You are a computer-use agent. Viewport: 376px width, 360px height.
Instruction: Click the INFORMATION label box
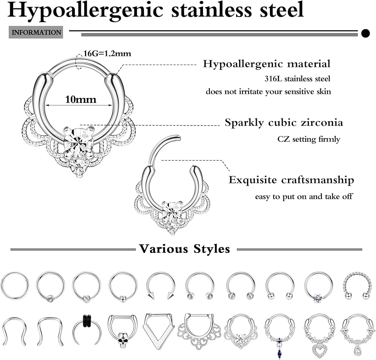click(x=36, y=32)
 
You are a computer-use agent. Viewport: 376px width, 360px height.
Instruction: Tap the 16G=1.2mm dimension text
click(x=107, y=54)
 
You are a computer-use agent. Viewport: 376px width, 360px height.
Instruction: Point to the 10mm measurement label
click(x=80, y=100)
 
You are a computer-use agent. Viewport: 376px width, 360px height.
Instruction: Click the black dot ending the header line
click(x=365, y=33)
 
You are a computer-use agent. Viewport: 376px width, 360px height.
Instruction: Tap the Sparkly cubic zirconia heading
click(x=284, y=123)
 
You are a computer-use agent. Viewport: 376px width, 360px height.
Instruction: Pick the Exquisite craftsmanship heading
click(x=291, y=180)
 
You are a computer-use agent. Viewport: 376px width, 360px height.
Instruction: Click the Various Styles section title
click(x=184, y=249)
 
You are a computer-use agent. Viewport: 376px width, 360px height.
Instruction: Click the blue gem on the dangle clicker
click(x=280, y=345)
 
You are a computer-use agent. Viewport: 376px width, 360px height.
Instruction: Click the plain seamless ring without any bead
click(x=15, y=286)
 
